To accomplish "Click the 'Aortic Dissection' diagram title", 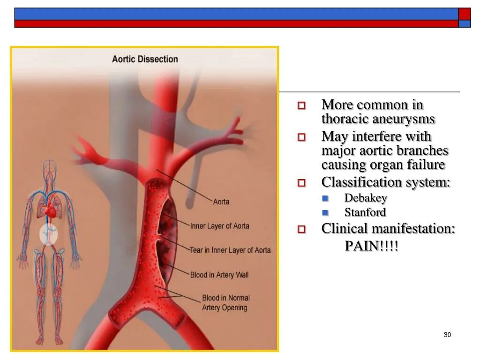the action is coord(145,60).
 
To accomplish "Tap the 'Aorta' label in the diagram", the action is coord(221,202).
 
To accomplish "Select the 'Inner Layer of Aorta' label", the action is coord(219,226).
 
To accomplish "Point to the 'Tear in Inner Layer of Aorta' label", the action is coord(230,250).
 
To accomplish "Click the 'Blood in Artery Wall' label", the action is coord(219,275).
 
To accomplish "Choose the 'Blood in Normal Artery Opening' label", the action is coord(225,303).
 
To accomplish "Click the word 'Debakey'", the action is coord(366,198).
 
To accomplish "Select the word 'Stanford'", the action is coord(365,212).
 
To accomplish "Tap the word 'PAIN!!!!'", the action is coord(372,246).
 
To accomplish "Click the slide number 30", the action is coord(447,335).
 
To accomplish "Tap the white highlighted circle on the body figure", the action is coord(48,234).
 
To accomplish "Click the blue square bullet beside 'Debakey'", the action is coord(325,198).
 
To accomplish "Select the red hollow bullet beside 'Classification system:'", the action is coord(301,183).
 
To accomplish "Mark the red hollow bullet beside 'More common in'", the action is coord(301,105).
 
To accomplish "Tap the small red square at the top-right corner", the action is coord(464,14).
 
